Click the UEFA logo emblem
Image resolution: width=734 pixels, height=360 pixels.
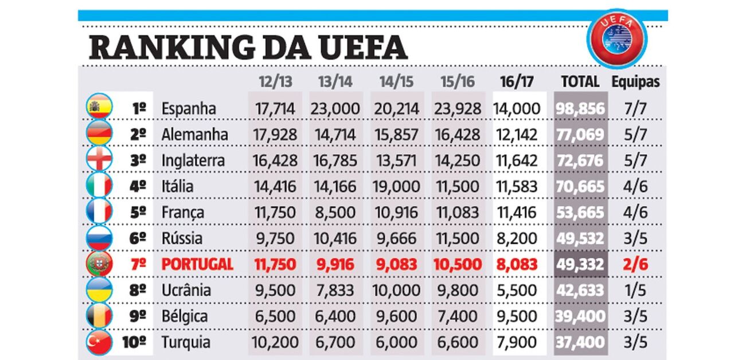pos(616,38)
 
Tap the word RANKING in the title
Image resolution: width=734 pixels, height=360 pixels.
pos(171,48)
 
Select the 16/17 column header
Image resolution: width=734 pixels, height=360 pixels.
pos(517,81)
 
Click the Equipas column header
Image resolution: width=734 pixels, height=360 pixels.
pos(635,82)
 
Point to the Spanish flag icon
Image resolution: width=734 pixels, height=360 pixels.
pos(99,107)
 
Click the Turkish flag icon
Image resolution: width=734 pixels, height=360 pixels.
pos(99,342)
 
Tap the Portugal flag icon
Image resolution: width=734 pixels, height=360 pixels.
pos(99,264)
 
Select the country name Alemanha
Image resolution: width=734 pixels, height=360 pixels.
pos(194,135)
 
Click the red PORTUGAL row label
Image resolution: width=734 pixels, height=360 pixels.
pos(197,264)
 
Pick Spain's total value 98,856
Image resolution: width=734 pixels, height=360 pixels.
pos(580,109)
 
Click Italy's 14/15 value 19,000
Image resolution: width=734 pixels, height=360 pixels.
pos(396,187)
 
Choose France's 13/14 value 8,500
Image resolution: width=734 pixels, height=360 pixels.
pos(335,213)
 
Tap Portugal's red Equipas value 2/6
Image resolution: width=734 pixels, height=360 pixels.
pos(635,264)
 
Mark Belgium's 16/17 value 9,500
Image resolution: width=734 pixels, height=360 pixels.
pos(517,316)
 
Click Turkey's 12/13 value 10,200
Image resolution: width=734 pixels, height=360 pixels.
pos(275,342)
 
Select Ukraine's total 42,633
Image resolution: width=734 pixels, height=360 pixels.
pos(580,290)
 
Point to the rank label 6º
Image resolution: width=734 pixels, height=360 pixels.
pos(138,238)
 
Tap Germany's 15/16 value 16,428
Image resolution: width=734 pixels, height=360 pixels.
pos(458,135)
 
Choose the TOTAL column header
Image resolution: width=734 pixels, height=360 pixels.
pos(580,81)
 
